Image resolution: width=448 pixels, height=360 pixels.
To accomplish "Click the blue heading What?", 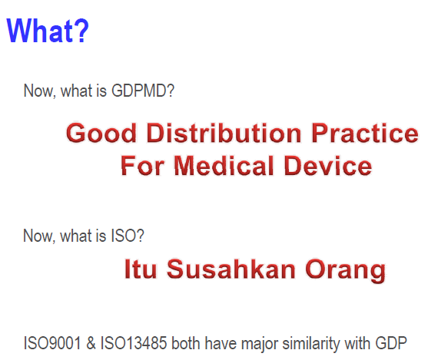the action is pos(48,31).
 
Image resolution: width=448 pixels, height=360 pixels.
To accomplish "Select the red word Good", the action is pos(101,133).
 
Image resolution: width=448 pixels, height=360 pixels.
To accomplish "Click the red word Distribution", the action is pos(224,133).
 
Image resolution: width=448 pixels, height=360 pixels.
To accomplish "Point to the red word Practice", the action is pos(365,133).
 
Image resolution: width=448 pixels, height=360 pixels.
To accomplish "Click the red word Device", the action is pos(328,166).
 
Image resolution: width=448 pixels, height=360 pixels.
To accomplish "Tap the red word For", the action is pos(142,166).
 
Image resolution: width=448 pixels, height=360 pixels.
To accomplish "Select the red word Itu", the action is pos(141,269).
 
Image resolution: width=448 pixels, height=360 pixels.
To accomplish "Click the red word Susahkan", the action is pos(231,269).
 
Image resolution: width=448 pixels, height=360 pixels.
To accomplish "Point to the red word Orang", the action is pos(346,271).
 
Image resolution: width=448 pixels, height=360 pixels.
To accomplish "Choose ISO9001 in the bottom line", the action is pos(52,343).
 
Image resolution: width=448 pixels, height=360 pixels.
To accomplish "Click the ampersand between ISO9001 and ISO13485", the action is pos(91,343).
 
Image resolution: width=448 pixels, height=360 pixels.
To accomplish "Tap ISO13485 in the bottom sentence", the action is pos(134,343).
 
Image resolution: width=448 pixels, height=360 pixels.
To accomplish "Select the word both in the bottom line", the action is pos(186,343).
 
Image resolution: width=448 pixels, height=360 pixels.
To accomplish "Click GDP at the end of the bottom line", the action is pos(391,343).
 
